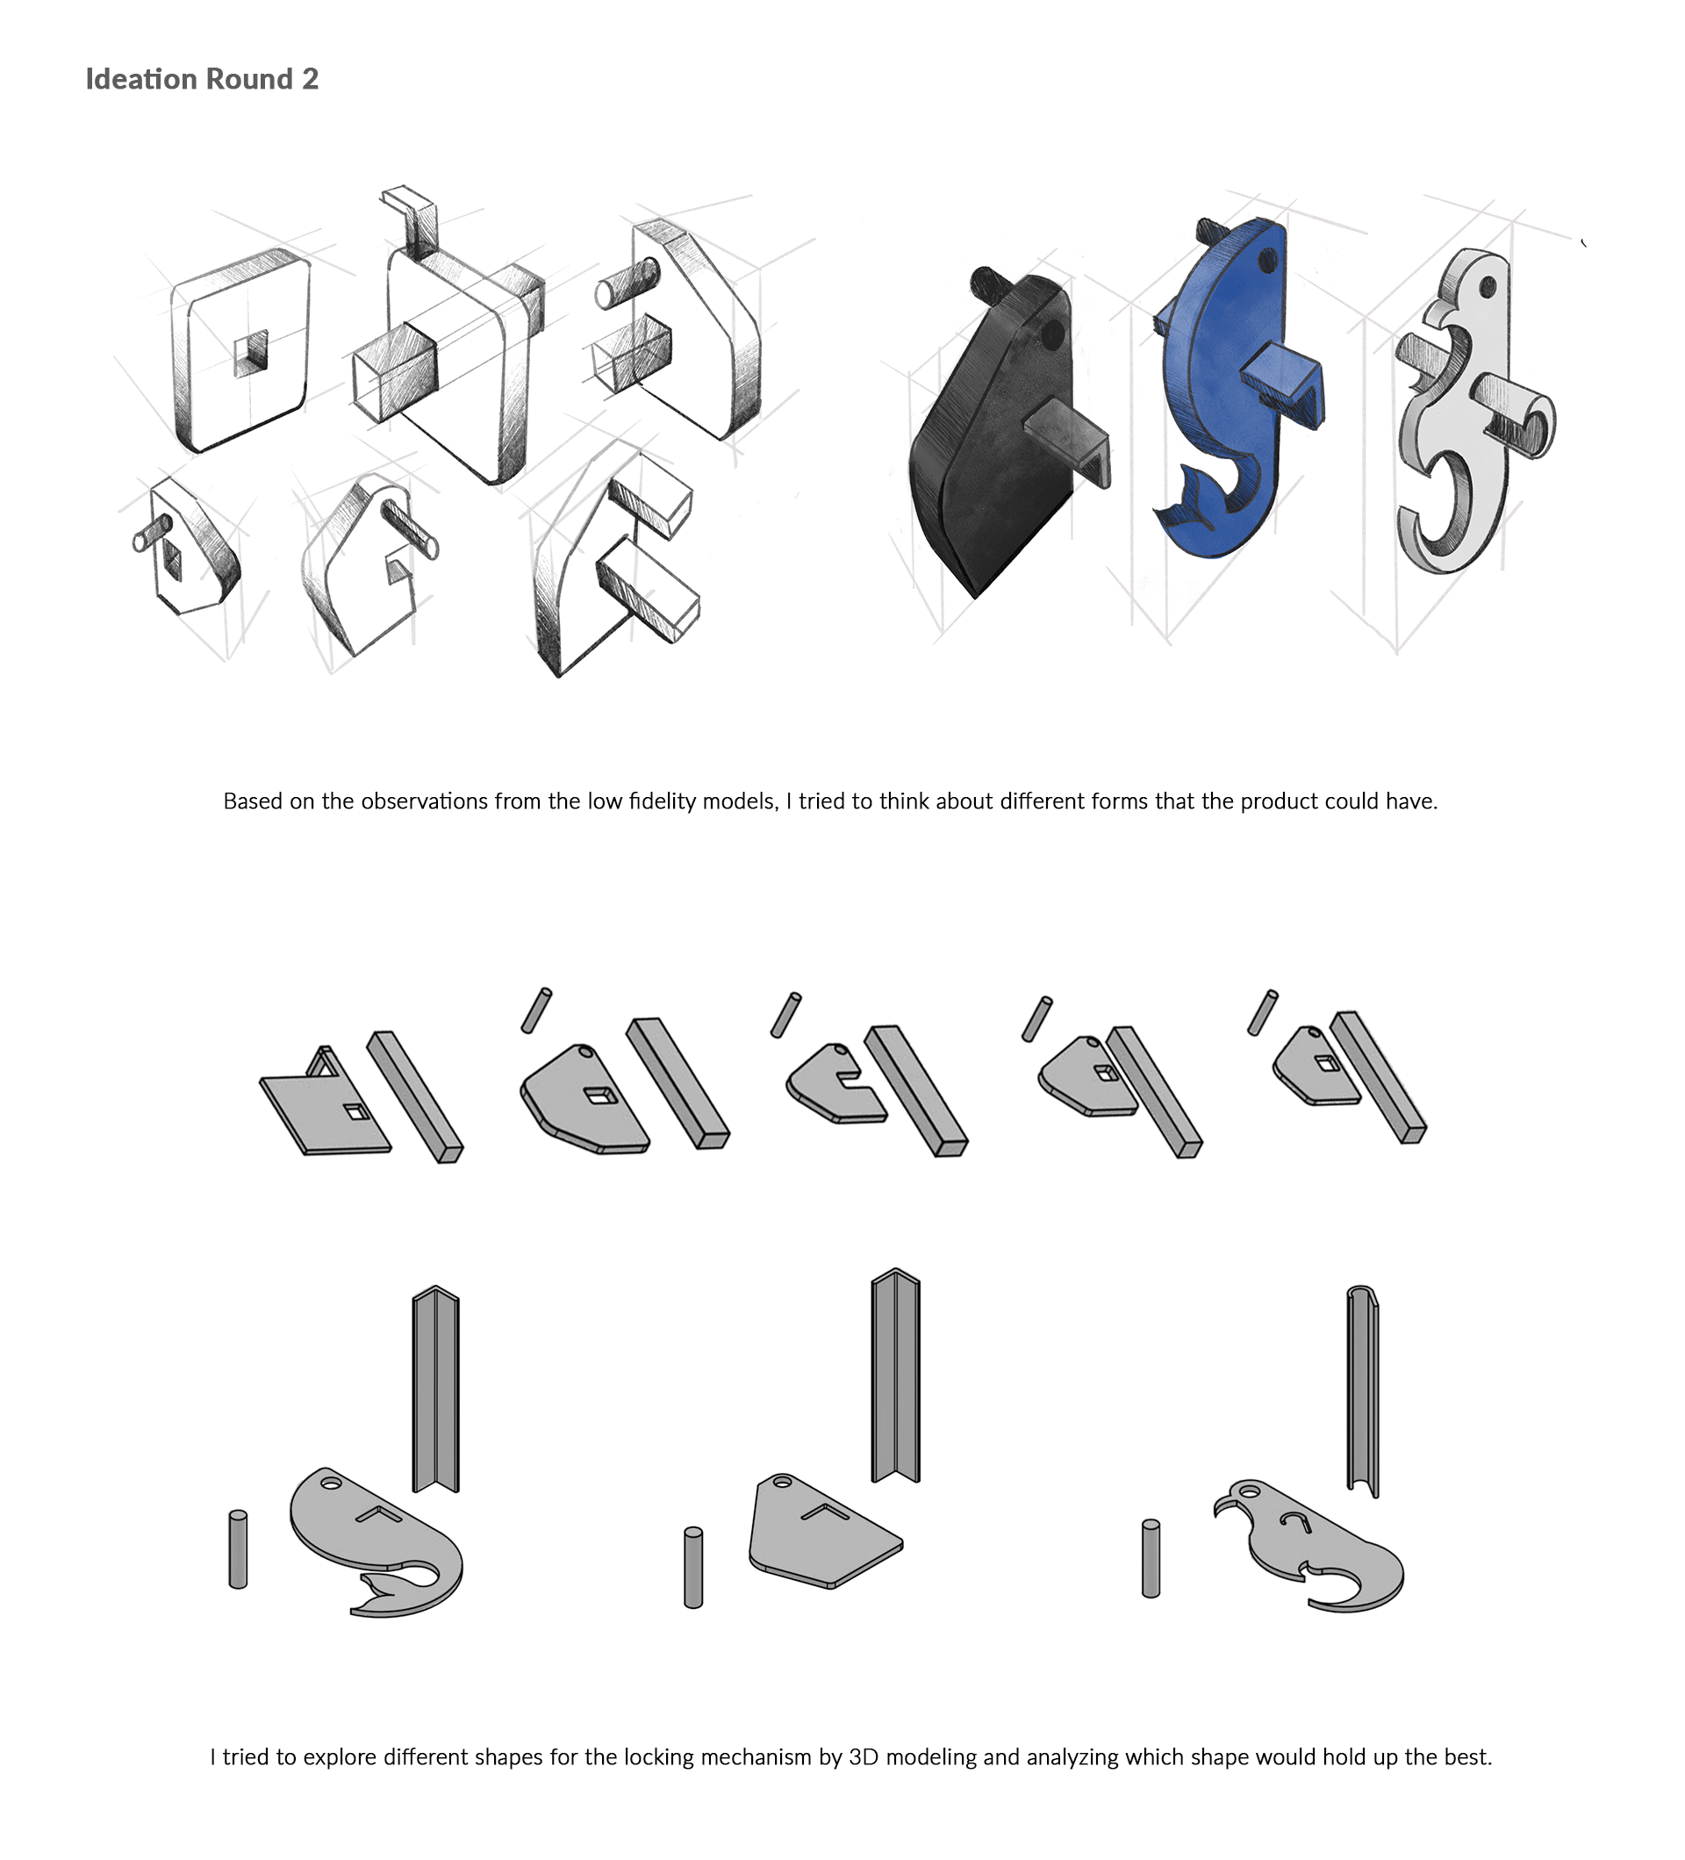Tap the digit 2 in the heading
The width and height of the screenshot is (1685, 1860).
[x=311, y=79]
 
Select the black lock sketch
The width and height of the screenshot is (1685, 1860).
[x=986, y=443]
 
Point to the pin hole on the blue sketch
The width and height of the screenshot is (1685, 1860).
[x=1268, y=262]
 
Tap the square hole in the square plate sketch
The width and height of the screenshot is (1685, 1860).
[x=251, y=354]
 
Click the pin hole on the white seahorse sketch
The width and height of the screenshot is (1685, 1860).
[x=1488, y=288]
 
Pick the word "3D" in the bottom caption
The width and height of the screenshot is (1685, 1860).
[x=863, y=1757]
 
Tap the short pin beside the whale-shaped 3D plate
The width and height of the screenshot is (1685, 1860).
[x=238, y=1549]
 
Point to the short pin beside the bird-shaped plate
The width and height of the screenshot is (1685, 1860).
[x=1151, y=1558]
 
